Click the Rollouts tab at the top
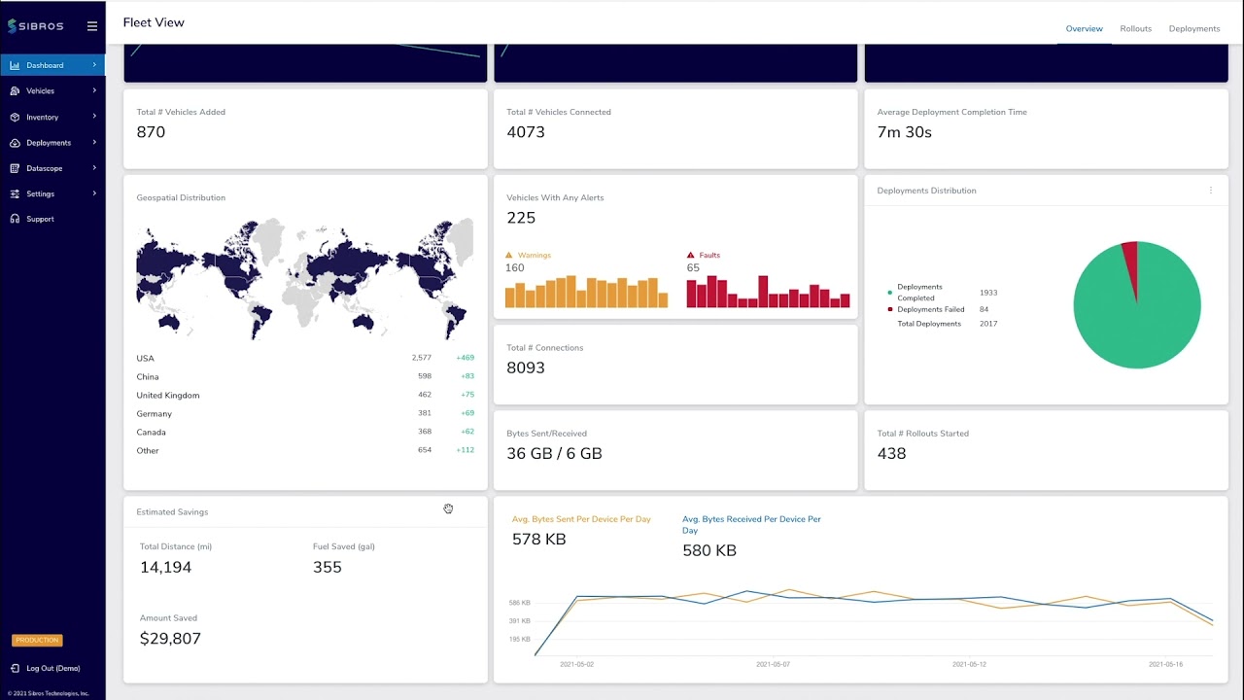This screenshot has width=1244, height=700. pyautogui.click(x=1136, y=29)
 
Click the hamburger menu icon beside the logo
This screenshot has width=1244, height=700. pyautogui.click(x=92, y=26)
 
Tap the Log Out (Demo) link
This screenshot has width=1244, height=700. pyautogui.click(x=53, y=668)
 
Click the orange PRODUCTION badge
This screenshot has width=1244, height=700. pyautogui.click(x=37, y=640)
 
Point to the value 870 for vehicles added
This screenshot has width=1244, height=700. pyautogui.click(x=151, y=132)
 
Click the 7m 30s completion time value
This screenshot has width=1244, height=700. pyautogui.click(x=904, y=132)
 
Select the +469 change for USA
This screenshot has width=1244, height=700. pyautogui.click(x=466, y=358)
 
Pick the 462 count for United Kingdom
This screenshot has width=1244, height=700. pyautogui.click(x=425, y=395)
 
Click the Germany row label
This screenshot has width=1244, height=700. pyautogui.click(x=155, y=414)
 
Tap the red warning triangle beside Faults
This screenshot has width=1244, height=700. pyautogui.click(x=690, y=255)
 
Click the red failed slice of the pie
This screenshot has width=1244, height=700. pyautogui.click(x=1130, y=262)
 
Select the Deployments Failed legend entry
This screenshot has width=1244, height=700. pyautogui.click(x=931, y=309)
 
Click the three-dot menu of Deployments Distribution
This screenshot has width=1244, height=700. pyautogui.click(x=1211, y=191)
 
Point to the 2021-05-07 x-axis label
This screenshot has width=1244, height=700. pyautogui.click(x=773, y=664)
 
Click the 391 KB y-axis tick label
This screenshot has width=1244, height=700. pyautogui.click(x=520, y=621)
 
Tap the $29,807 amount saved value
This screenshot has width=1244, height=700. pyautogui.click(x=170, y=639)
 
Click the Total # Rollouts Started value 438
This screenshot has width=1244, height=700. pyautogui.click(x=892, y=454)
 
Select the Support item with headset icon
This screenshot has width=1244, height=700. pyautogui.click(x=40, y=220)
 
